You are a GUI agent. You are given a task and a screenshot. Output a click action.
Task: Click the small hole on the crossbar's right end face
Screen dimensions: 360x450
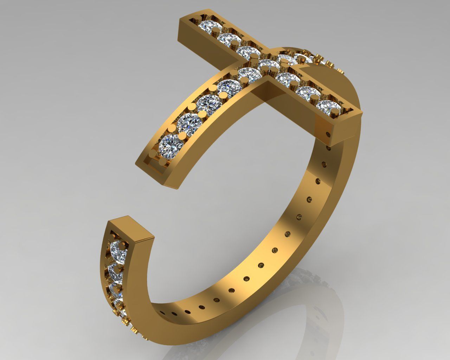[329, 134]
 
